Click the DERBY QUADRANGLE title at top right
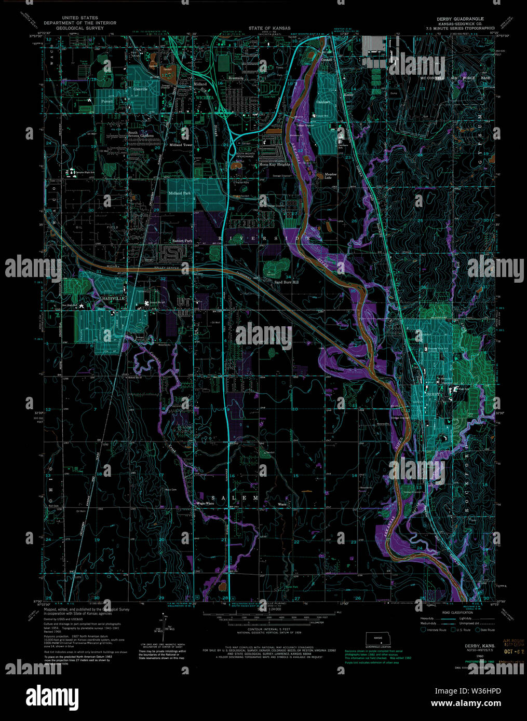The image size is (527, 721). point(461,19)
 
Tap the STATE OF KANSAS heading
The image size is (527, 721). point(269,28)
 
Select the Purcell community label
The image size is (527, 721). point(107,102)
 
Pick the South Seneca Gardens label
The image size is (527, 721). point(141,134)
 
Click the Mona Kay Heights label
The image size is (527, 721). point(275,164)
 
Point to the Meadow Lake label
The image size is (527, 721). point(331,176)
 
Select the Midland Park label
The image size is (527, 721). point(180,193)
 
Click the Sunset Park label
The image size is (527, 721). point(182,241)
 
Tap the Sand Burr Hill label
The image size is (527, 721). point(287,282)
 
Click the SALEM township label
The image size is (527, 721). point(235,498)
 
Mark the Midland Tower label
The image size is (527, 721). point(181,145)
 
